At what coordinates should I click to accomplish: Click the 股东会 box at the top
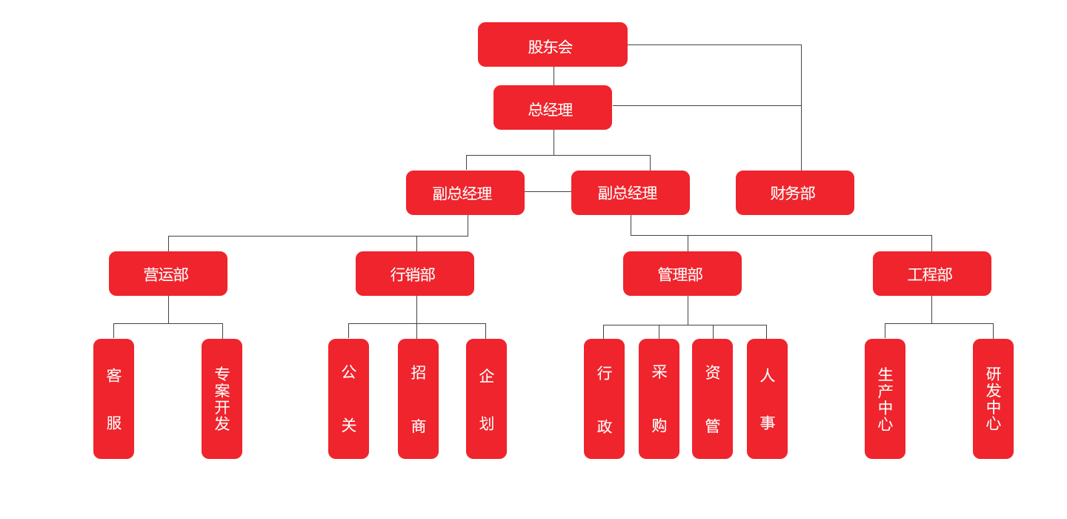coord(553,44)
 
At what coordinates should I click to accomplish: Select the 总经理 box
coord(553,108)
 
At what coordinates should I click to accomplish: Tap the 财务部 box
coord(794,193)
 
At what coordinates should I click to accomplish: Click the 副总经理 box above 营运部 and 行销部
coord(465,193)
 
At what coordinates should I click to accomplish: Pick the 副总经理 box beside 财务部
coord(631,193)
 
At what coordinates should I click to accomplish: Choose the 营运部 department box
coord(168,274)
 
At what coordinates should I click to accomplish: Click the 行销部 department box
coord(415,274)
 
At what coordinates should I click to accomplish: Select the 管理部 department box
coord(682,274)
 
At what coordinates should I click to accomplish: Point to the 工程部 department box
coord(931,274)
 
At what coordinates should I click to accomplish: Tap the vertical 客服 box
coord(113,399)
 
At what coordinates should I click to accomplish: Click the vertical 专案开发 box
coord(222,399)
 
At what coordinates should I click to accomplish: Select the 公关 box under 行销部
coord(348,399)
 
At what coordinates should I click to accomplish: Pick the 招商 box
coord(418,399)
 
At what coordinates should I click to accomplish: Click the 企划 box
coord(486,399)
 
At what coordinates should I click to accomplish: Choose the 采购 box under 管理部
coord(659,399)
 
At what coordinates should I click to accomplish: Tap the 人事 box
coord(767,399)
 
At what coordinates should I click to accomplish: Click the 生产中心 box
coord(885,399)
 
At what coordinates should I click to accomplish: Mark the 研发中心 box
coord(993,399)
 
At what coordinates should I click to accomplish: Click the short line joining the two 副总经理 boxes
coord(548,192)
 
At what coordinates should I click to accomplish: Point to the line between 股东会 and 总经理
coord(554,76)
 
